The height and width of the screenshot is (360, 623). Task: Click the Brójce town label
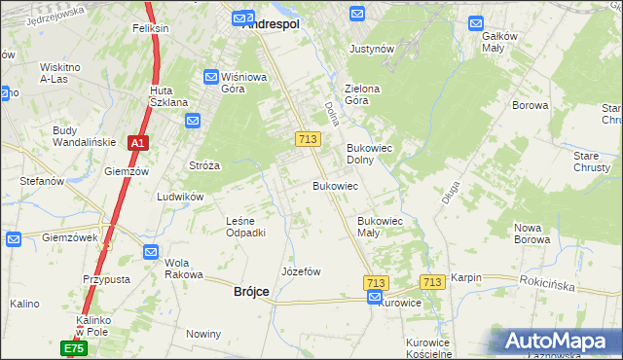251,292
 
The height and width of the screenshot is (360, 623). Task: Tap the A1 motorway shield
138,143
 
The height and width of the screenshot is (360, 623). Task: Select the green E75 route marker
74,347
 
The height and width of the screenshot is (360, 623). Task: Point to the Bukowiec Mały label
380,227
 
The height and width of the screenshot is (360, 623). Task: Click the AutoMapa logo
558,342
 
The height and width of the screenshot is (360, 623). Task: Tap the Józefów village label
301,271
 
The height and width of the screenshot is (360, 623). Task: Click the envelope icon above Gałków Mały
476,22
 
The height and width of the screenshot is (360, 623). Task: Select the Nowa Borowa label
532,234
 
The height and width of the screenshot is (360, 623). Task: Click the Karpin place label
466,277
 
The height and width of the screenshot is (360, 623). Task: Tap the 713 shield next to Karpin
432,282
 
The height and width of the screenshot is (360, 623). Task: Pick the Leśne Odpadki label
245,227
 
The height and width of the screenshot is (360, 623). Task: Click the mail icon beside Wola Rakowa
151,252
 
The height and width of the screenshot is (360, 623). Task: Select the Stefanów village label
42,181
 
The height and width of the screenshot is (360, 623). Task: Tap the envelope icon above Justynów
357,14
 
